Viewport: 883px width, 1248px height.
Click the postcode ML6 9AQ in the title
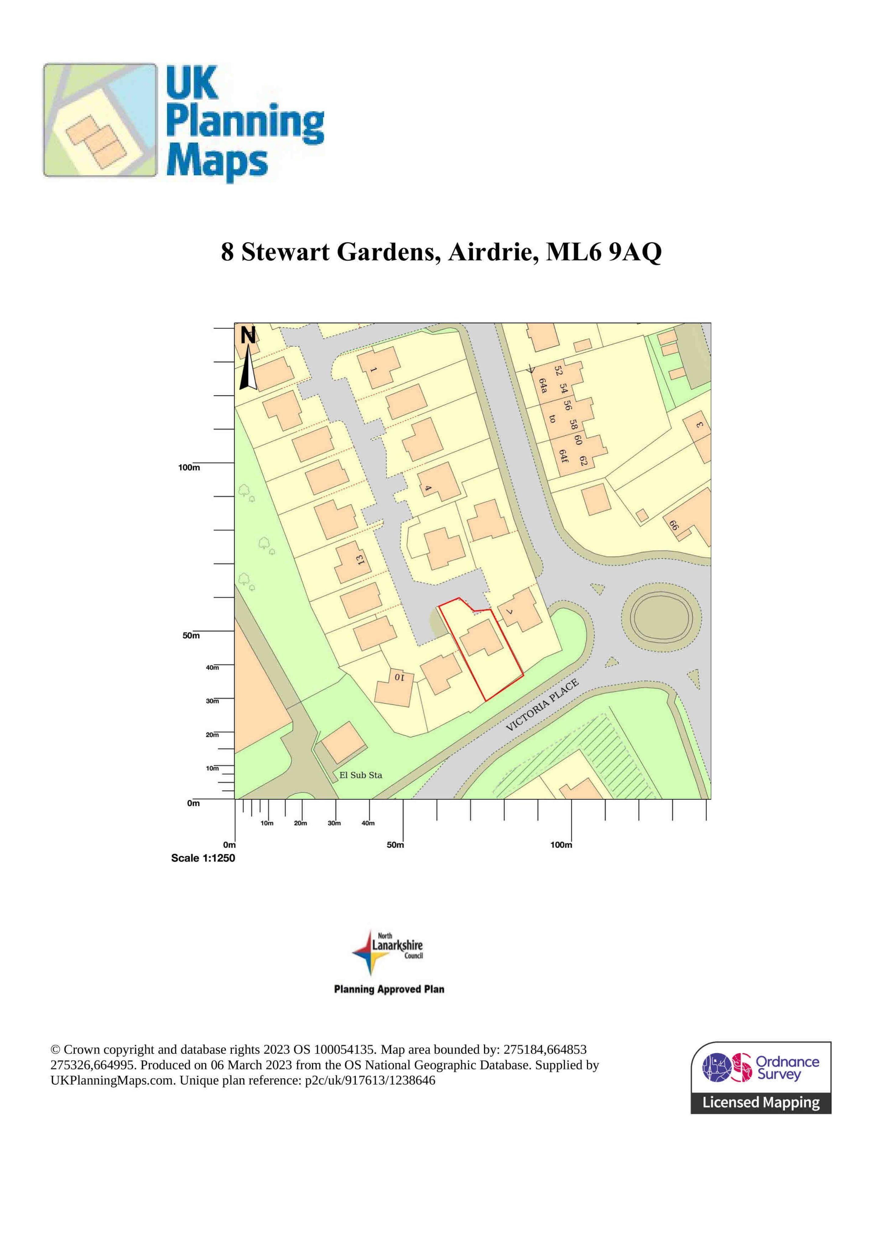click(x=604, y=252)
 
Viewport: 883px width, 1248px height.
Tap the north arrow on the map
click(x=248, y=359)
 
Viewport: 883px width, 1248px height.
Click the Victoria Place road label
click(x=542, y=705)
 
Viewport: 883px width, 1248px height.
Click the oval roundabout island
click(x=661, y=618)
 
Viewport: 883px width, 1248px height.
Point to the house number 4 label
click(x=428, y=488)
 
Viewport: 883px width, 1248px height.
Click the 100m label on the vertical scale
click(x=189, y=467)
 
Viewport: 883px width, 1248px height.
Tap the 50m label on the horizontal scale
click(x=396, y=845)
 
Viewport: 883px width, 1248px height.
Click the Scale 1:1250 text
click(x=203, y=858)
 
